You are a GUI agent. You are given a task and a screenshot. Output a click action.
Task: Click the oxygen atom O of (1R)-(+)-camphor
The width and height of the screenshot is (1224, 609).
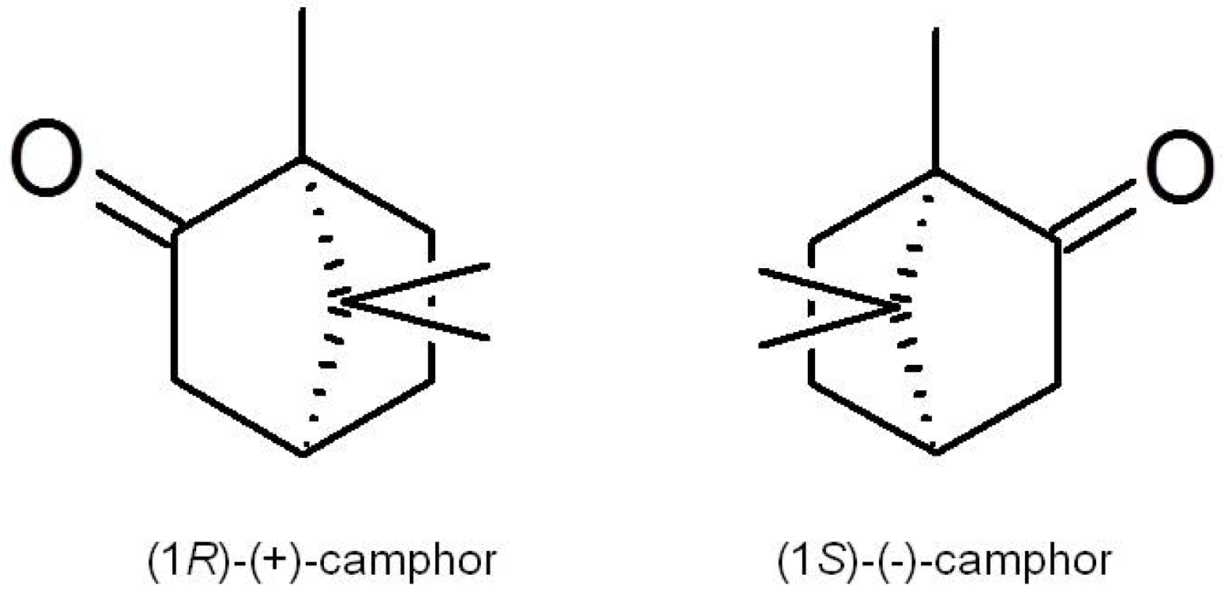click(x=46, y=158)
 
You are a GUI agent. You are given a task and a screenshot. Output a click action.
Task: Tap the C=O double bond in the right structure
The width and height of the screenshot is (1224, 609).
click(x=1095, y=214)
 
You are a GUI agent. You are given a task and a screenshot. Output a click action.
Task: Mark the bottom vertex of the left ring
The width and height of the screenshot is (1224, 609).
click(x=304, y=455)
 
